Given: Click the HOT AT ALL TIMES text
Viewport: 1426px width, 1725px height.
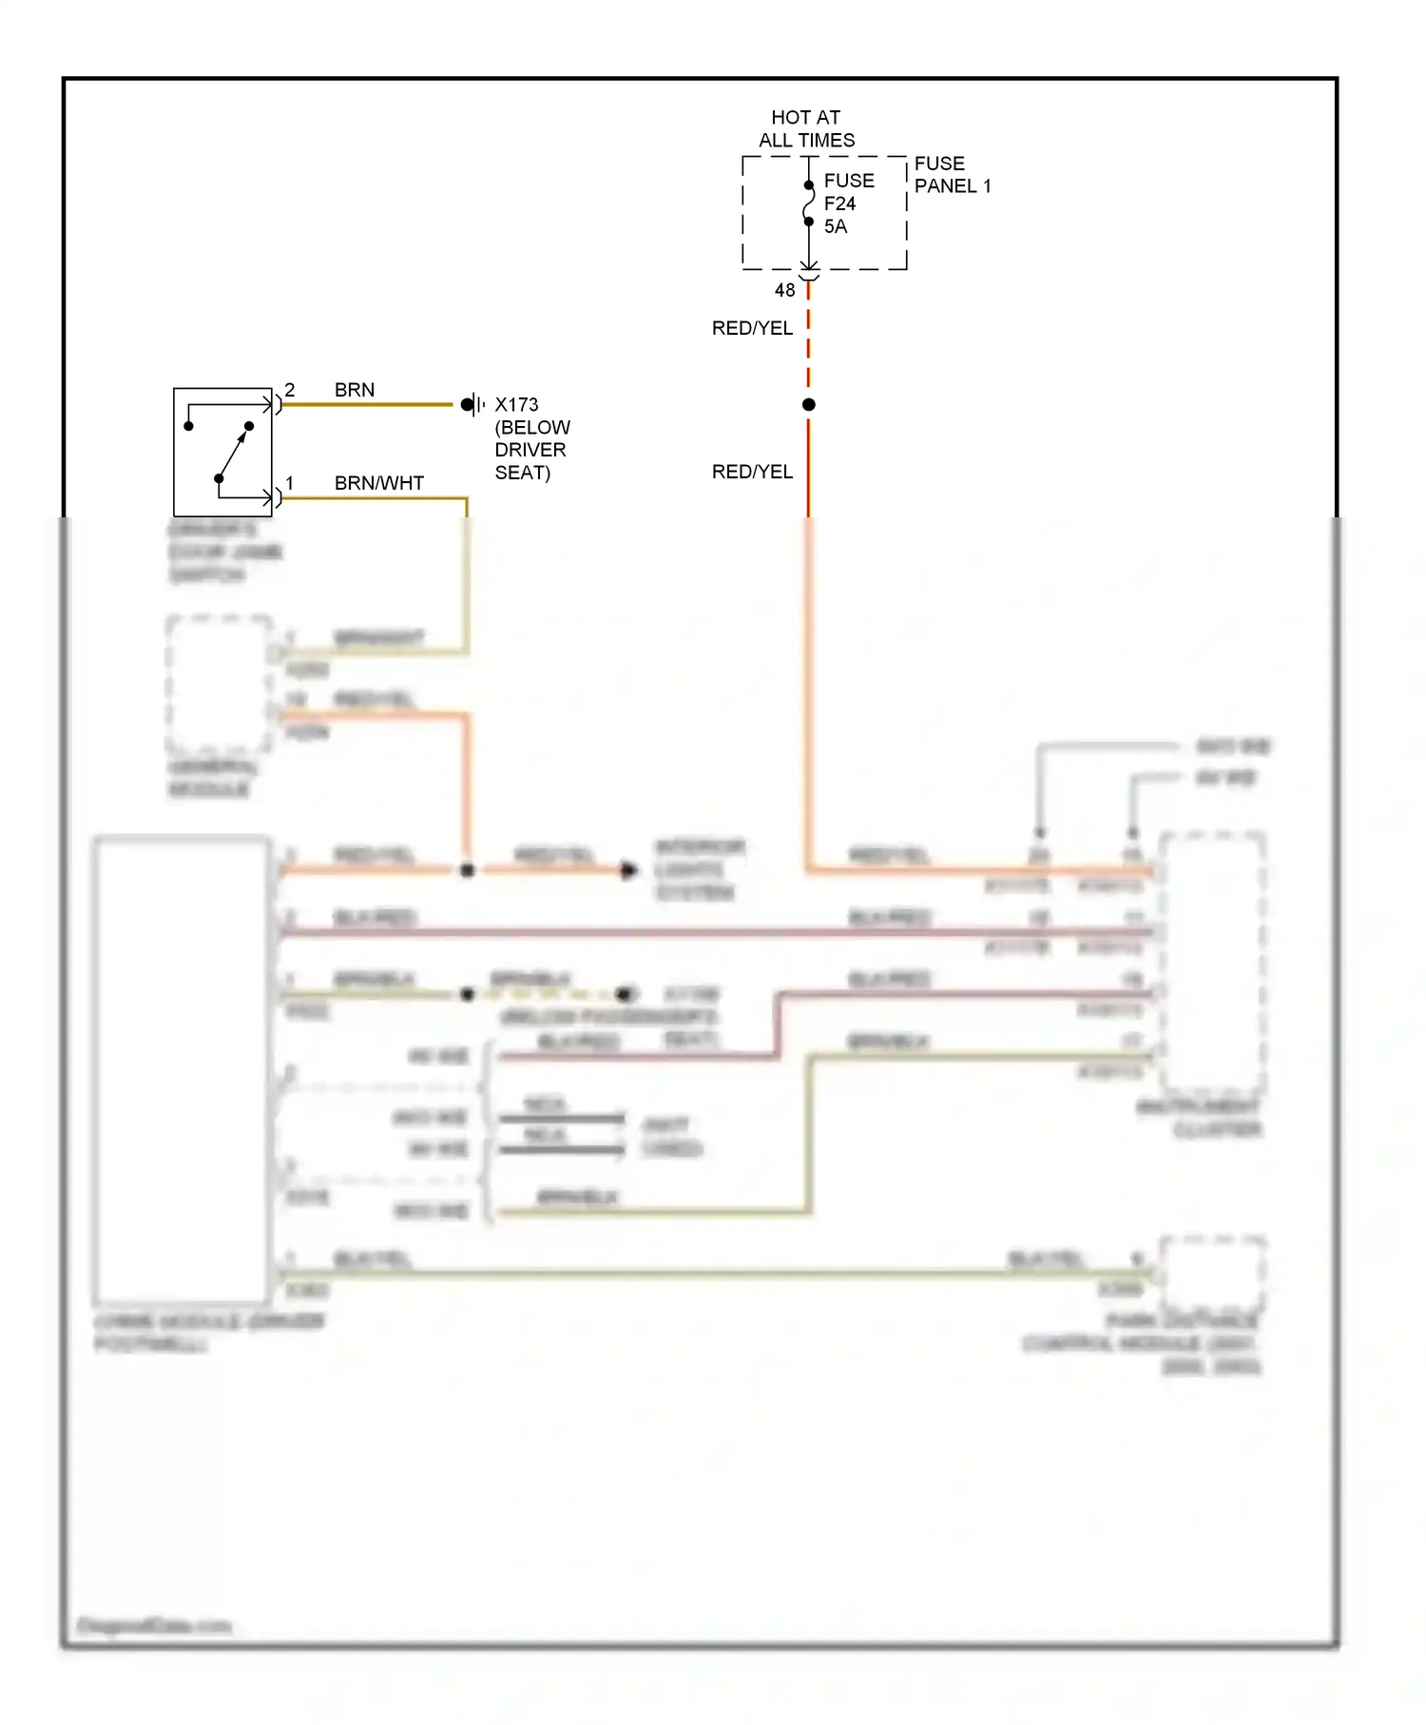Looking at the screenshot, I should click(805, 128).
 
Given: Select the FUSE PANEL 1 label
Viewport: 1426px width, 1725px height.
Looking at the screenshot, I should click(952, 175).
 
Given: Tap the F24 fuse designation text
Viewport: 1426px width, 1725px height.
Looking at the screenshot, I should click(839, 204).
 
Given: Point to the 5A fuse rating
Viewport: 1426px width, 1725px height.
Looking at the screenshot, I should click(835, 226).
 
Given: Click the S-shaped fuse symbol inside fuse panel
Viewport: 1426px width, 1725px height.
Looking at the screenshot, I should click(808, 204).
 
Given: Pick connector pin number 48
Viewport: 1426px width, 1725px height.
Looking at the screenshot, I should click(784, 290).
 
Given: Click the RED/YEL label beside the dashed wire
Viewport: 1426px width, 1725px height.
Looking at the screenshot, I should click(752, 328).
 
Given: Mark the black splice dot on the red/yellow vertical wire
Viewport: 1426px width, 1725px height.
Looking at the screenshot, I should click(808, 404).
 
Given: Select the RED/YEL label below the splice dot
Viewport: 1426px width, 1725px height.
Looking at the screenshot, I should click(752, 472).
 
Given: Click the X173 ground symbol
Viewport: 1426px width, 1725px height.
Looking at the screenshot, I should click(472, 404).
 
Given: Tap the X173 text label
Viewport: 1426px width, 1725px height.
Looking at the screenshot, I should click(516, 404).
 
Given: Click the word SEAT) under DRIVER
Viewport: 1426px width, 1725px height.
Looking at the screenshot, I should click(522, 473).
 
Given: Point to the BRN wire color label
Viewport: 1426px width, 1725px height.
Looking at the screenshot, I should click(354, 390).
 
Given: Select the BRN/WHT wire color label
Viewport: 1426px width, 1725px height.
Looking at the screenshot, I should click(378, 483).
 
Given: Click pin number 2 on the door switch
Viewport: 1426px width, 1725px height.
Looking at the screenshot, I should click(290, 390).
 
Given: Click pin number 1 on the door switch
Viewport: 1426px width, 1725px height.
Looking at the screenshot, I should click(290, 483).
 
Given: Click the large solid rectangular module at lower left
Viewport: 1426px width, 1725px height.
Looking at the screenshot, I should click(182, 1070).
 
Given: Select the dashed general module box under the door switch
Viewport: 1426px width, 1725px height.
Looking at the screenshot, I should click(219, 685).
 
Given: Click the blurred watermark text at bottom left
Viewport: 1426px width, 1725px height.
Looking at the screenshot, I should click(153, 1626).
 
